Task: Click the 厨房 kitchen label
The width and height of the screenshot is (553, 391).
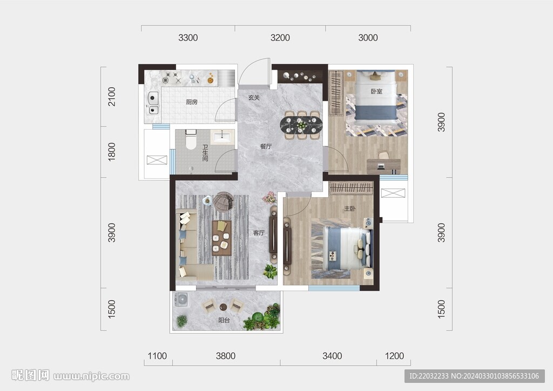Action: tap(192, 102)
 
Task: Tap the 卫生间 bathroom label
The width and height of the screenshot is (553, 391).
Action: tap(205, 153)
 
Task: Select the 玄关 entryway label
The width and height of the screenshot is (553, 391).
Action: tap(254, 98)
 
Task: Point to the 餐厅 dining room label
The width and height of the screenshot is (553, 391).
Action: tap(266, 146)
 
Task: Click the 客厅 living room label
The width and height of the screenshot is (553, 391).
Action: tap(259, 233)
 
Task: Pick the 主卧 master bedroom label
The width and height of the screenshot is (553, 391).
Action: tap(349, 208)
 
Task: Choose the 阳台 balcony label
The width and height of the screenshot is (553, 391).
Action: tap(224, 320)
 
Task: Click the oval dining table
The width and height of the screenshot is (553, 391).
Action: tap(301, 125)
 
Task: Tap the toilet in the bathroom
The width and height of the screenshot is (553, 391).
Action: tap(191, 139)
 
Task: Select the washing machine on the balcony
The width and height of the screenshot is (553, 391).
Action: tap(181, 301)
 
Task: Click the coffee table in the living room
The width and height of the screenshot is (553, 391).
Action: tap(222, 238)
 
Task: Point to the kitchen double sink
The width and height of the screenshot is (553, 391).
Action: tap(153, 103)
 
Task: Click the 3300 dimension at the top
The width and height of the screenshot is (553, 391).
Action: tap(188, 38)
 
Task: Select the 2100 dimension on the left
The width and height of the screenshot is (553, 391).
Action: tap(111, 97)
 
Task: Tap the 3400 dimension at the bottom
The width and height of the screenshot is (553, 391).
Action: tap(332, 356)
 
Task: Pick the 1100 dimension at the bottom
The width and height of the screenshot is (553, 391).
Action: tap(157, 356)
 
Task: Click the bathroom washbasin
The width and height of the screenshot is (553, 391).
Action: tap(222, 137)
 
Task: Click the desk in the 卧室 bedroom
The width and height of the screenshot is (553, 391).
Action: tap(383, 166)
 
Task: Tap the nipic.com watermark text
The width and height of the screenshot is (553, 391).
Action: tap(91, 376)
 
